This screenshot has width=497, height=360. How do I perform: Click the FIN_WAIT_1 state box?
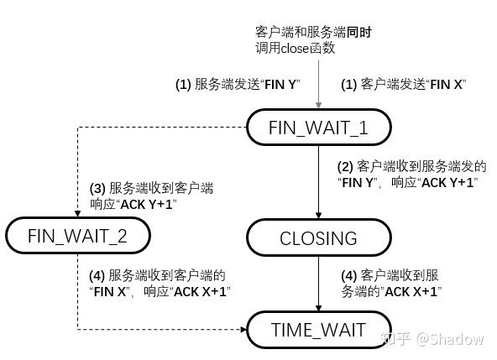click(319, 127)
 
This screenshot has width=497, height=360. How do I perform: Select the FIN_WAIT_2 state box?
click(77, 236)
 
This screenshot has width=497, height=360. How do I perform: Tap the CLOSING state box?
click(319, 237)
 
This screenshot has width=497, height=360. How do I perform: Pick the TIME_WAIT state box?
click(319, 330)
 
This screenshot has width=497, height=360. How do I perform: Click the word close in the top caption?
click(295, 49)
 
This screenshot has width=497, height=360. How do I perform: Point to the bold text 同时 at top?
click(358, 33)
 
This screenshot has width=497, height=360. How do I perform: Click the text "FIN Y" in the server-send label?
click(280, 85)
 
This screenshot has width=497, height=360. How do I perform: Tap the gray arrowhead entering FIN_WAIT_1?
click(319, 105)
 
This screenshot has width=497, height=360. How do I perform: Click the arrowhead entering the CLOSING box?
click(319, 215)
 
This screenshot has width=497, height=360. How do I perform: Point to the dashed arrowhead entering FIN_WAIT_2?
click(77, 214)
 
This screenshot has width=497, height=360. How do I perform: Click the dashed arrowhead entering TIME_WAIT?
click(243, 330)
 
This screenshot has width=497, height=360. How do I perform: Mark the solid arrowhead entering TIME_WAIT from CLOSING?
click(319, 308)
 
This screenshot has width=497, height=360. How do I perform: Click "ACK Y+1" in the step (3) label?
click(146, 205)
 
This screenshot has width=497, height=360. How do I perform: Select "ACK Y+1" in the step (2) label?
click(447, 183)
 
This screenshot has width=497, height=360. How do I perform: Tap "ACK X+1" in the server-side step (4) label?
click(200, 291)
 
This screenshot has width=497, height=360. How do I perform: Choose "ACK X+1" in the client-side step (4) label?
click(411, 291)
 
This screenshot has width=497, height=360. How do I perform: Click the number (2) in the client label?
click(345, 167)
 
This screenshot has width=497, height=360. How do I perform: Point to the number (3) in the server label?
click(97, 189)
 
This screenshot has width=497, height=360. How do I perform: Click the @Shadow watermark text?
click(450, 339)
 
